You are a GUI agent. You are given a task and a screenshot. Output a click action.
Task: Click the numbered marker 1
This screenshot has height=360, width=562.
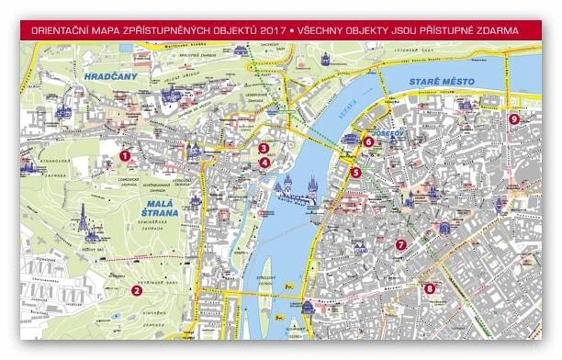(x=125, y=155)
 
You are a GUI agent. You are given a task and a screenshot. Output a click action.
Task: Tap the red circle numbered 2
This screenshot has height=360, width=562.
(x=136, y=291)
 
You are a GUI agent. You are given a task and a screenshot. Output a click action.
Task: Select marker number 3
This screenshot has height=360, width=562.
(x=264, y=148)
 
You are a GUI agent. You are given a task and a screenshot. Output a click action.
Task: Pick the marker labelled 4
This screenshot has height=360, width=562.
(x=264, y=163)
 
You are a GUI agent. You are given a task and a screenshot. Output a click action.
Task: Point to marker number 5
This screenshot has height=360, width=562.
(x=356, y=171)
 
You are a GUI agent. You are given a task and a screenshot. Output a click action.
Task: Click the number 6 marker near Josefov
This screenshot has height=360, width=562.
(x=368, y=142)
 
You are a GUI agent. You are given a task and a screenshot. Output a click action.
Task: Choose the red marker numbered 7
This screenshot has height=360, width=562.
(x=400, y=245)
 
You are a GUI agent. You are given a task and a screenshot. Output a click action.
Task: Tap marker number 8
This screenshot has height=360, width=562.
(x=430, y=288)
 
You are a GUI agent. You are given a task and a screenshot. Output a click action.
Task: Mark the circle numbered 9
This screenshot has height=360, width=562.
(x=513, y=118)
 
